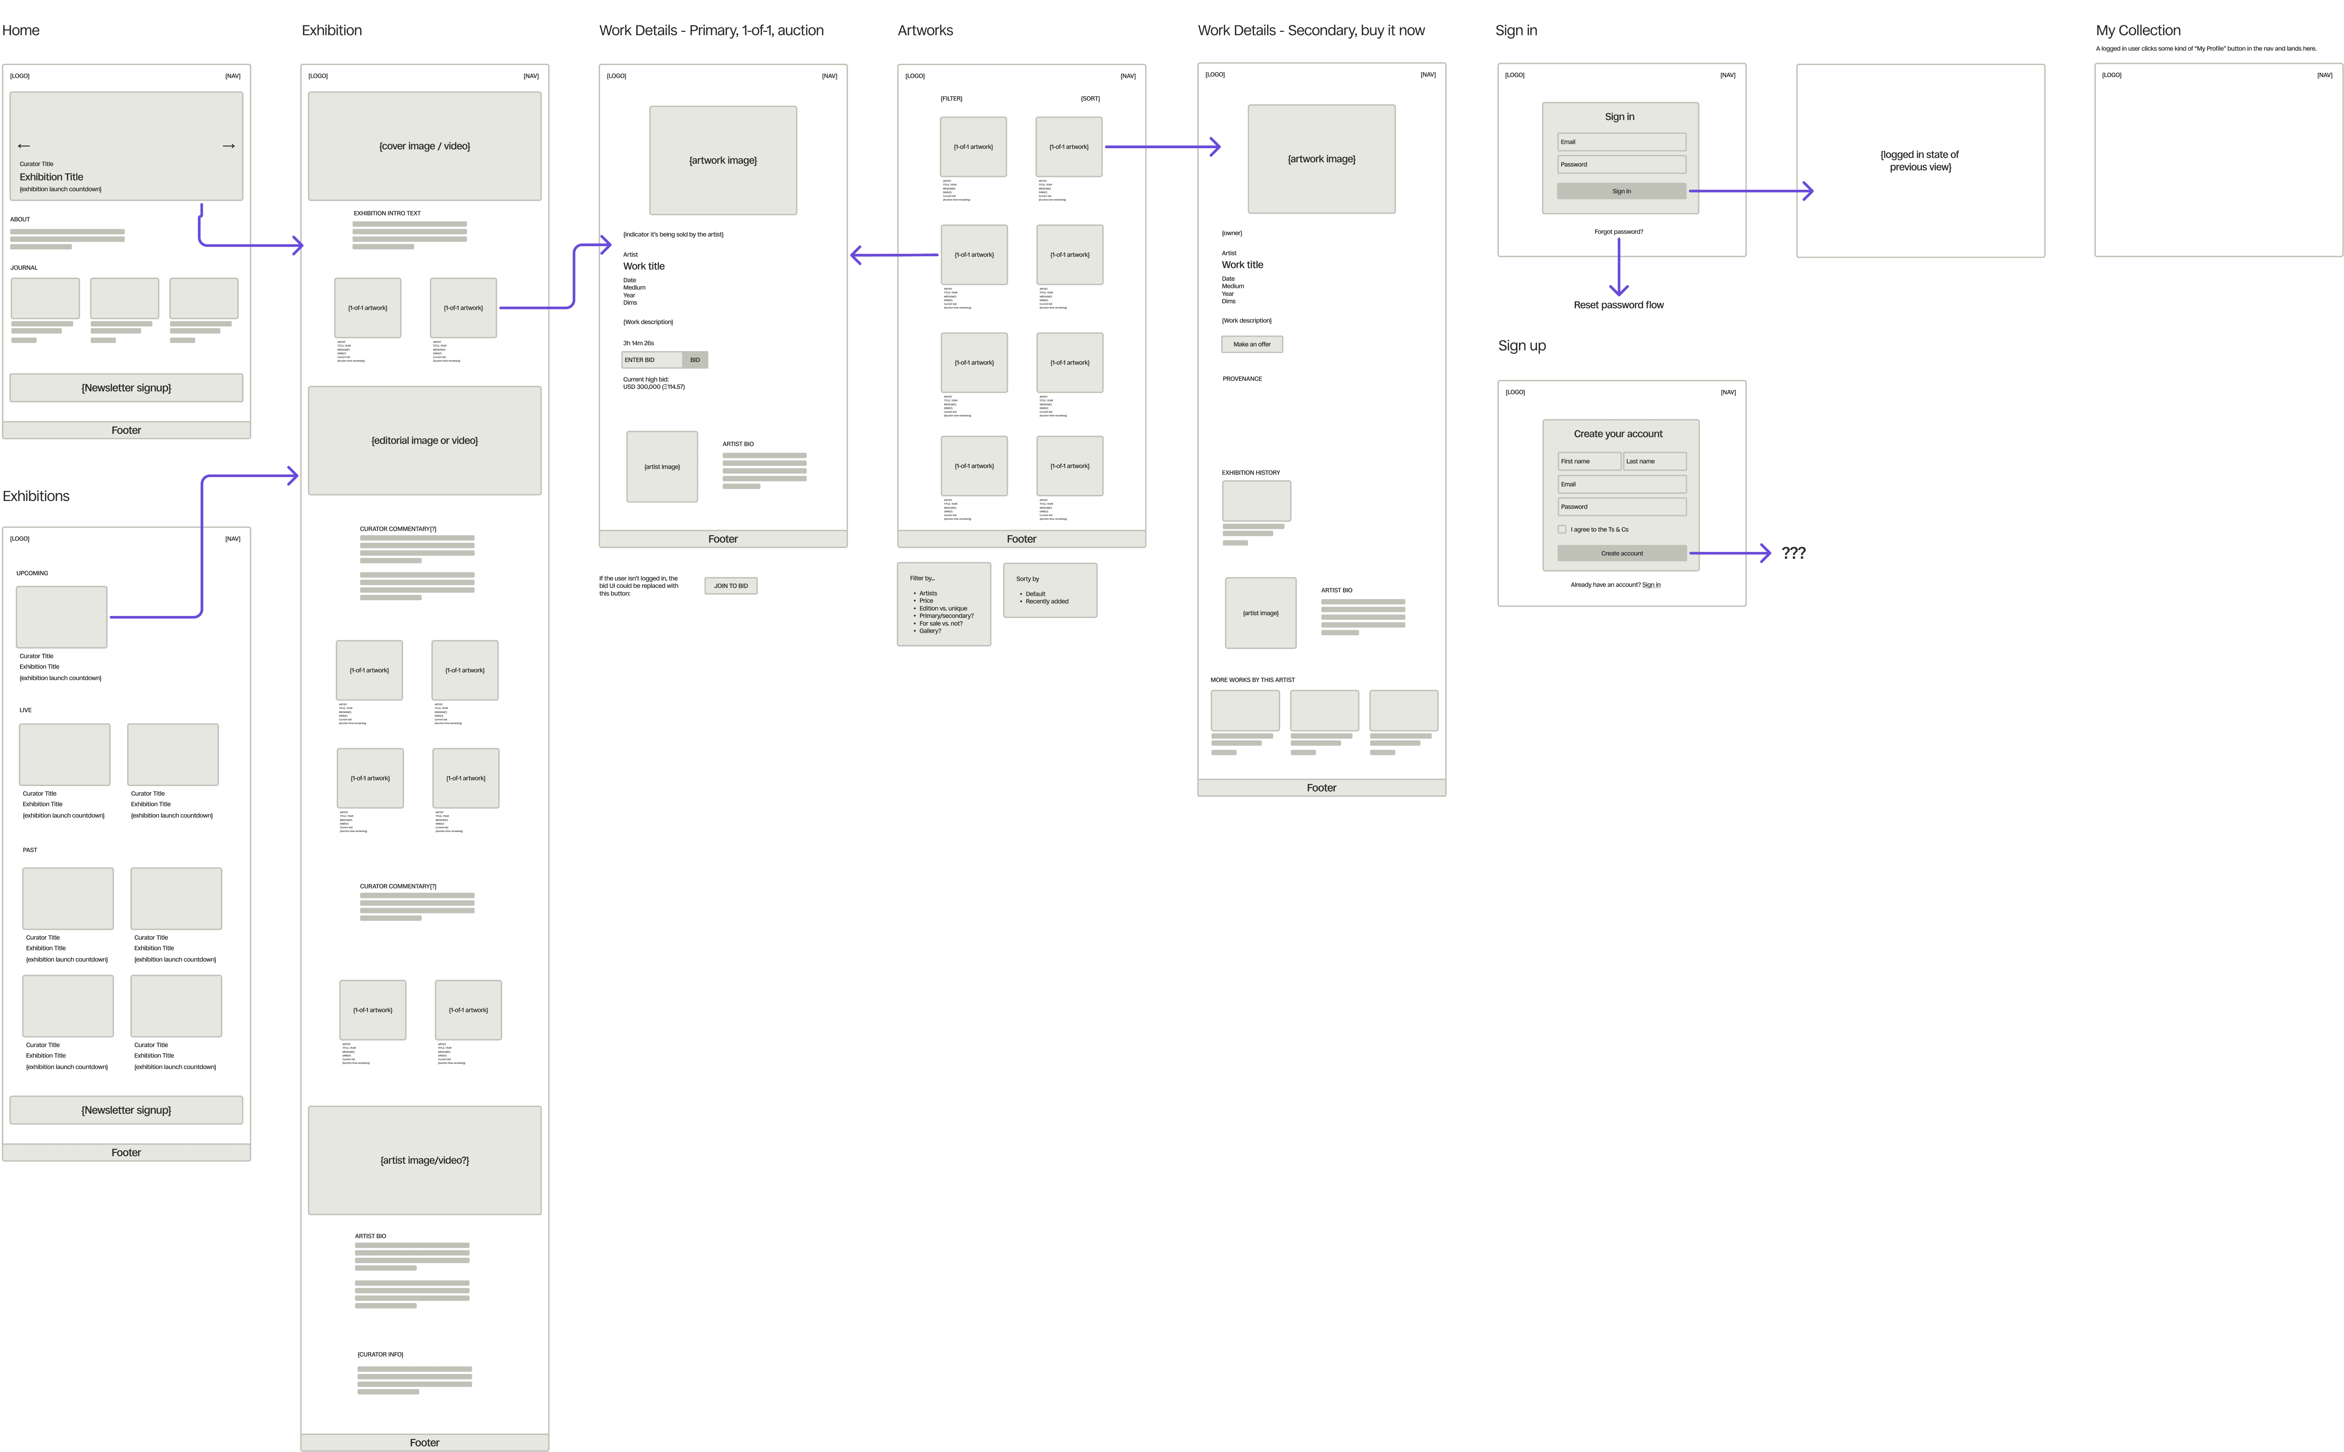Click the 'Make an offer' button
point(1251,344)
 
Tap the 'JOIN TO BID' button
point(731,586)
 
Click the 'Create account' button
point(1621,553)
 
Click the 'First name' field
point(1588,461)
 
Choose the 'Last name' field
point(1653,461)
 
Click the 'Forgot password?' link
point(1618,231)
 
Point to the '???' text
point(1793,553)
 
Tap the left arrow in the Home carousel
point(24,146)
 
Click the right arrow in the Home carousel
point(228,146)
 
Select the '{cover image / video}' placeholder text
point(425,146)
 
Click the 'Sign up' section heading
point(1521,346)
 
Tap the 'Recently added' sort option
point(1047,601)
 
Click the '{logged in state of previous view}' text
point(1919,160)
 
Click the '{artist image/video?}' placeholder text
point(425,1160)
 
